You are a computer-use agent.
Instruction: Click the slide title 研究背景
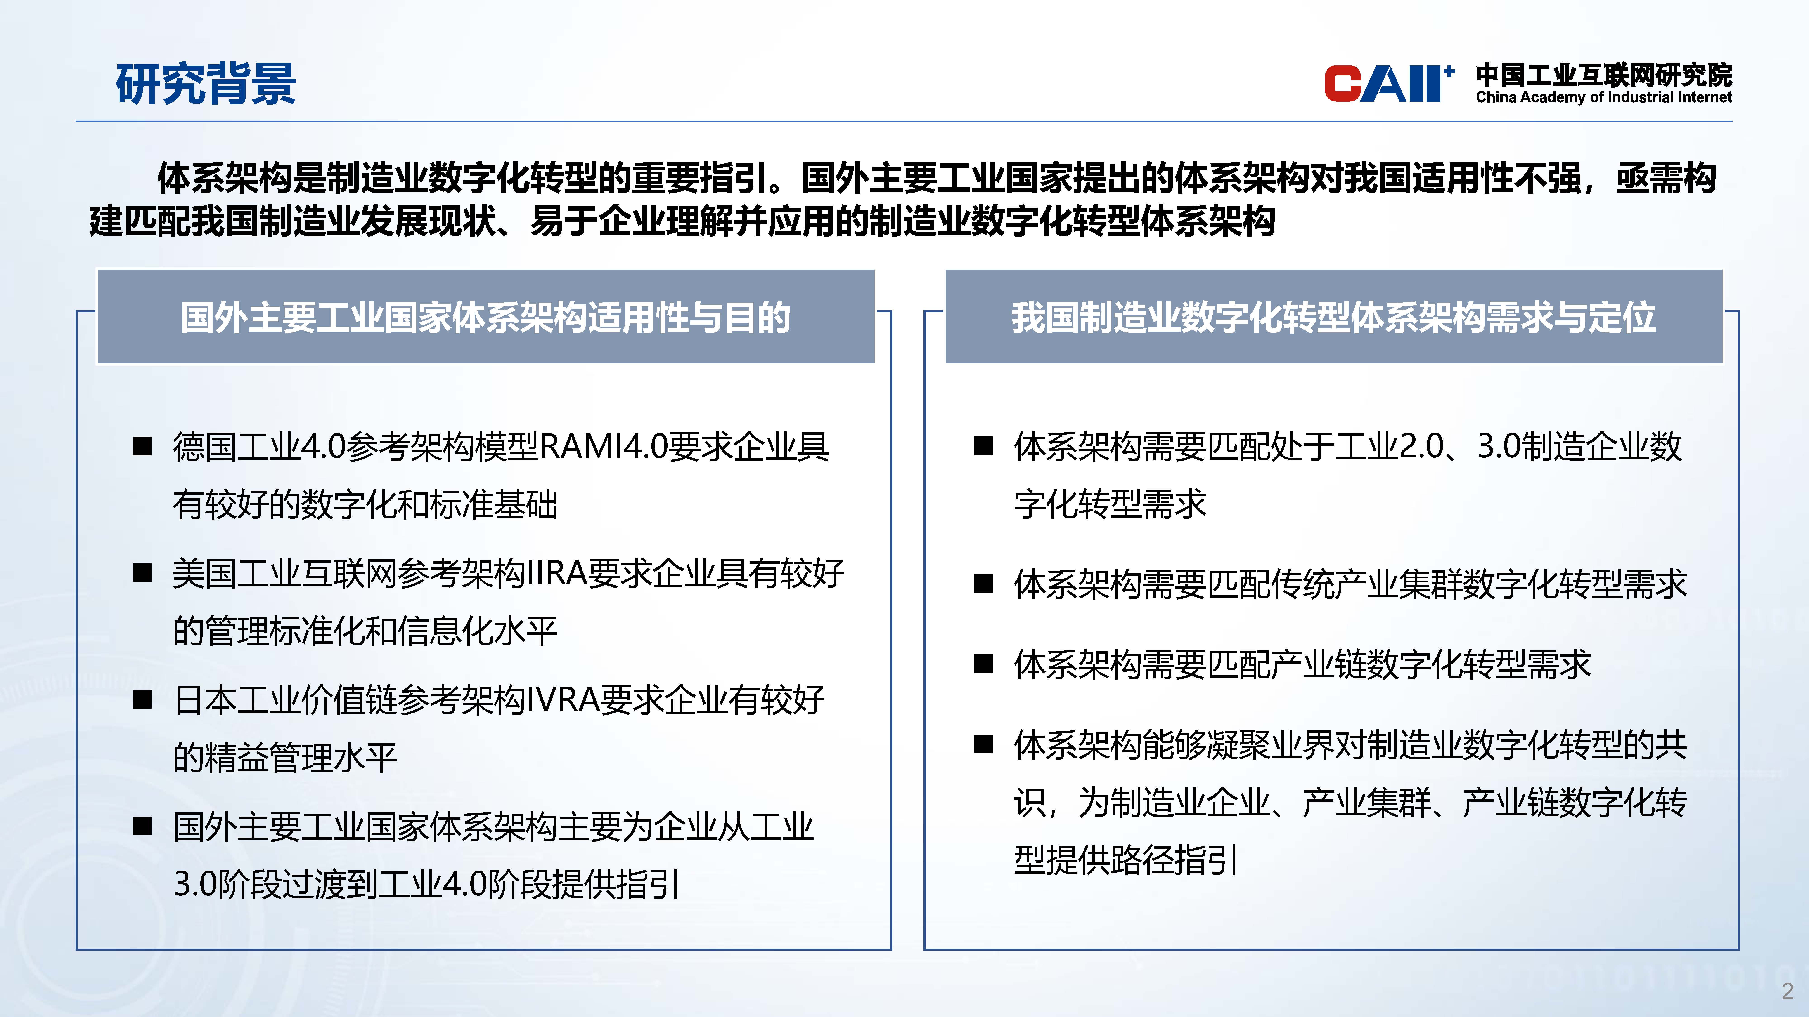[x=206, y=84]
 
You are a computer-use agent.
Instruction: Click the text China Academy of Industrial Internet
[x=1603, y=98]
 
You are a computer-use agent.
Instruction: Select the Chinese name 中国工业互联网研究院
[x=1603, y=74]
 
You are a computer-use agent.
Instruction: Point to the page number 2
[x=1787, y=991]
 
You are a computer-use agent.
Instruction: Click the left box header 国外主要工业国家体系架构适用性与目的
[x=485, y=317]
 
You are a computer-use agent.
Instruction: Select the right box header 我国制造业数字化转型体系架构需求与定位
[x=1334, y=317]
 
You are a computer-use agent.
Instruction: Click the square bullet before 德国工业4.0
[x=142, y=446]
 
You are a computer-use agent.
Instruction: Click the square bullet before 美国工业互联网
[x=142, y=573]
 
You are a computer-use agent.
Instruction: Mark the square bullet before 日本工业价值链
[x=142, y=700]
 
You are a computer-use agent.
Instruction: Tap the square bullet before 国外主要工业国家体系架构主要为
[x=142, y=827]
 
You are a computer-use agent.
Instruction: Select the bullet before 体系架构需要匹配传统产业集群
[x=983, y=584]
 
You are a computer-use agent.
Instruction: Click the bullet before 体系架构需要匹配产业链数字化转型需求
[x=983, y=664]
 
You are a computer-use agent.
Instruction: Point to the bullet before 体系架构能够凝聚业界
[x=983, y=745]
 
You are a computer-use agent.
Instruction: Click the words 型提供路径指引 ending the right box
[x=1126, y=860]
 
